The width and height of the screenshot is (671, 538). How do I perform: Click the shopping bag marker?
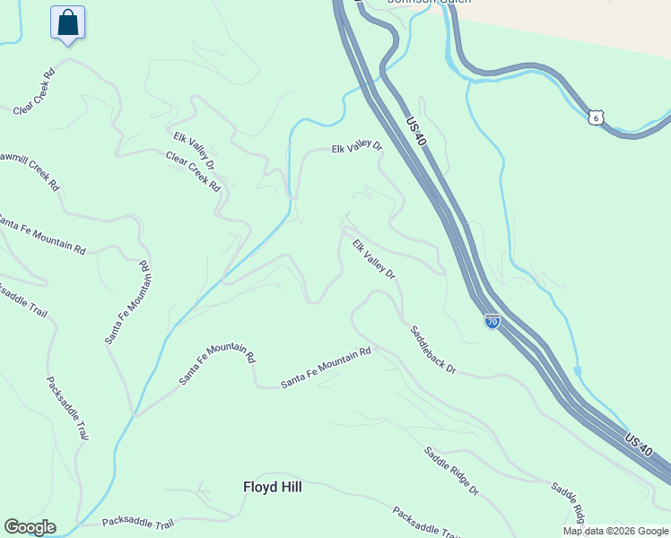click(68, 23)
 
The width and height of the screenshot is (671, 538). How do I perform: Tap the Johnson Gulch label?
click(415, 3)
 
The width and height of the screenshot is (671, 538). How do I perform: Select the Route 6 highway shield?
click(596, 117)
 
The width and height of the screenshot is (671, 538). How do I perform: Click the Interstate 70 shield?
click(492, 321)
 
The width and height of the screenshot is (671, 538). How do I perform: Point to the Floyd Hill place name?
click(273, 487)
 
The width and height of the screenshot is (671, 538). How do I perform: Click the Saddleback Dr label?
click(433, 350)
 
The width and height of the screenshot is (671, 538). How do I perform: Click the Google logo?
click(30, 527)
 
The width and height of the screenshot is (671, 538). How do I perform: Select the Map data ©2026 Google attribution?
click(616, 531)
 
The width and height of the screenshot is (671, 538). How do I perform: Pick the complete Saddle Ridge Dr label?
click(452, 471)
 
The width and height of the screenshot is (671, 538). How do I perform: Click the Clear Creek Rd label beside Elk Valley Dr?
click(193, 171)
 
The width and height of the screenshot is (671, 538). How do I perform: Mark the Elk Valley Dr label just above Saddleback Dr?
click(373, 259)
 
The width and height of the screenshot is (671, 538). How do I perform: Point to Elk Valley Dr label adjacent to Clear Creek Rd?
click(195, 150)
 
